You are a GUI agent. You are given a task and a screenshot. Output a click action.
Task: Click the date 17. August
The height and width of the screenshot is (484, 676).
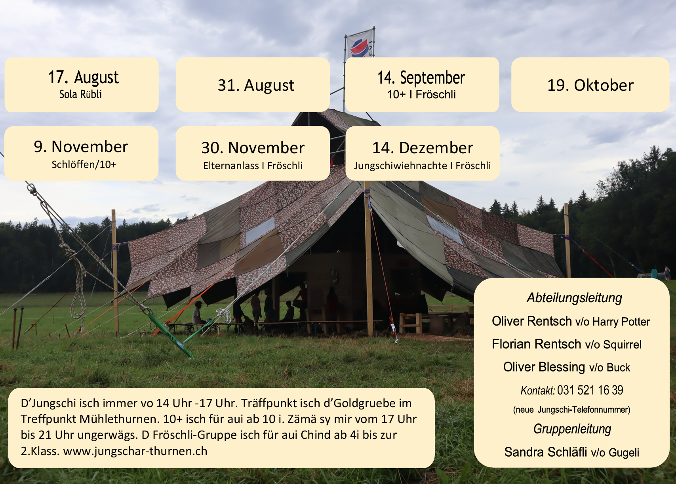[x=84, y=77]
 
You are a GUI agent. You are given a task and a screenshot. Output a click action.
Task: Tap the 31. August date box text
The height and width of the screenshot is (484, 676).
[x=256, y=85]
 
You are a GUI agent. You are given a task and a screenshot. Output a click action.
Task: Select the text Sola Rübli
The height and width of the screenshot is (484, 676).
[x=80, y=94]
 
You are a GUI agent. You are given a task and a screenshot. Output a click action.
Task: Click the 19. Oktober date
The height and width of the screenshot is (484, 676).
[x=590, y=85]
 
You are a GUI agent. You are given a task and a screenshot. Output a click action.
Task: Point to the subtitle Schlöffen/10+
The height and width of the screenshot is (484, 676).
[x=84, y=164]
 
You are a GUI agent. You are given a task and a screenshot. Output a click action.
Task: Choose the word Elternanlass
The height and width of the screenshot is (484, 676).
[x=231, y=166]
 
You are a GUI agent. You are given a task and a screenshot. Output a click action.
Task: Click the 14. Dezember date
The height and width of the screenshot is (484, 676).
[x=423, y=148]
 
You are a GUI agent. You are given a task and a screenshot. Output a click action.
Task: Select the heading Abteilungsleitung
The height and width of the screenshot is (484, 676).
[x=574, y=298]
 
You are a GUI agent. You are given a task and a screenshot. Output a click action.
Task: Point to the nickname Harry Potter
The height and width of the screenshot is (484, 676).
[x=621, y=322]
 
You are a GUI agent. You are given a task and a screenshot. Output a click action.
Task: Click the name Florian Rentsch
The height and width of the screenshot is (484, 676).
[x=536, y=344]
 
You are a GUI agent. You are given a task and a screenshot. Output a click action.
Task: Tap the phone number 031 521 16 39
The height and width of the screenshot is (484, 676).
[x=590, y=390]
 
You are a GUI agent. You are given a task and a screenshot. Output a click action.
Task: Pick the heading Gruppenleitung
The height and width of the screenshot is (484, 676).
[x=572, y=429]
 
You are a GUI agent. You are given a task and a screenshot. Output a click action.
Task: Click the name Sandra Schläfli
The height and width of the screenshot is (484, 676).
[x=546, y=452]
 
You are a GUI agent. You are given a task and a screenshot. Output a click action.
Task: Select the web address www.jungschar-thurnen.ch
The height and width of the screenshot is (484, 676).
[x=135, y=452]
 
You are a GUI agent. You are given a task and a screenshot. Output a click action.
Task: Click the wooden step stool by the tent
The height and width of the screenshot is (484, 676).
[x=410, y=323]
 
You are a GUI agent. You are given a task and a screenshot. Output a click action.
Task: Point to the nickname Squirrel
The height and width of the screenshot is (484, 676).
[x=622, y=345]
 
